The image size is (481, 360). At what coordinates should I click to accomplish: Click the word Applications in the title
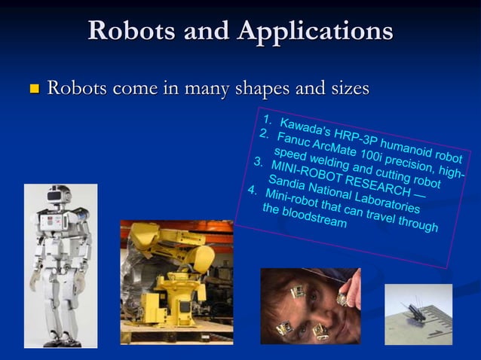(x=315, y=31)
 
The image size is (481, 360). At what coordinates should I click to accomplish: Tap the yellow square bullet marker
(x=33, y=90)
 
